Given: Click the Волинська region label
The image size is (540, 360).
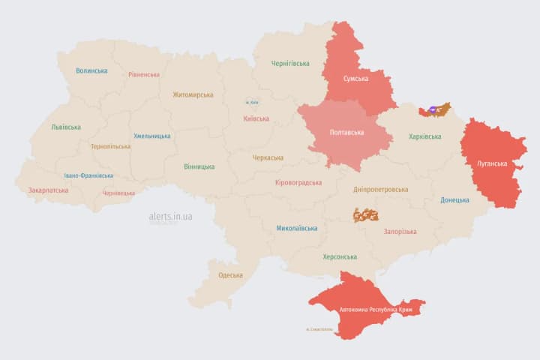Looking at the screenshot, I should pyautogui.click(x=91, y=71).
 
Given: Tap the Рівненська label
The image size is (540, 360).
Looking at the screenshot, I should pyautogui.click(x=143, y=75).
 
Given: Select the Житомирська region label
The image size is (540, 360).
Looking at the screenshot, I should pyautogui.click(x=193, y=95).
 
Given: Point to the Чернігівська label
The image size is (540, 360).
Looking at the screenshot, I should pyautogui.click(x=290, y=64).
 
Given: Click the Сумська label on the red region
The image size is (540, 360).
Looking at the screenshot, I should pyautogui.click(x=355, y=79).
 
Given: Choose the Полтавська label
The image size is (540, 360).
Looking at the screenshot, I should pyautogui.click(x=346, y=133).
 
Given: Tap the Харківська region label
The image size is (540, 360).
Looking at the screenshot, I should pyautogui.click(x=424, y=136).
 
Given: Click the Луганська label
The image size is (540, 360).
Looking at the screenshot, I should pyautogui.click(x=492, y=163).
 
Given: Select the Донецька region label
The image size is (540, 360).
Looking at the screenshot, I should pyautogui.click(x=454, y=200).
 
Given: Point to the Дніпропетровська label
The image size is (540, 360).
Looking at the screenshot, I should pyautogui.click(x=382, y=190).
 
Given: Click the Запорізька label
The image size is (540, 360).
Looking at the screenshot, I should pyautogui.click(x=399, y=232).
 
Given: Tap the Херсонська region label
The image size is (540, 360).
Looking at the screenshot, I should pyautogui.click(x=340, y=256).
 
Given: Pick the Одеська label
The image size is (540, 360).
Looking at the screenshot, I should pyautogui.click(x=230, y=275).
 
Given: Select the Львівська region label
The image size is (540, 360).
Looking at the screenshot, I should pyautogui.click(x=66, y=127).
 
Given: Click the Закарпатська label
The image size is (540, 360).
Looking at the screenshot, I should pyautogui.click(x=48, y=190).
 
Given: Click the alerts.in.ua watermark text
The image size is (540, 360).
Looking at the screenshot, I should pyautogui.click(x=170, y=216).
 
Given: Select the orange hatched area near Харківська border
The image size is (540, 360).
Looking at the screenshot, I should pyautogui.click(x=436, y=111).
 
